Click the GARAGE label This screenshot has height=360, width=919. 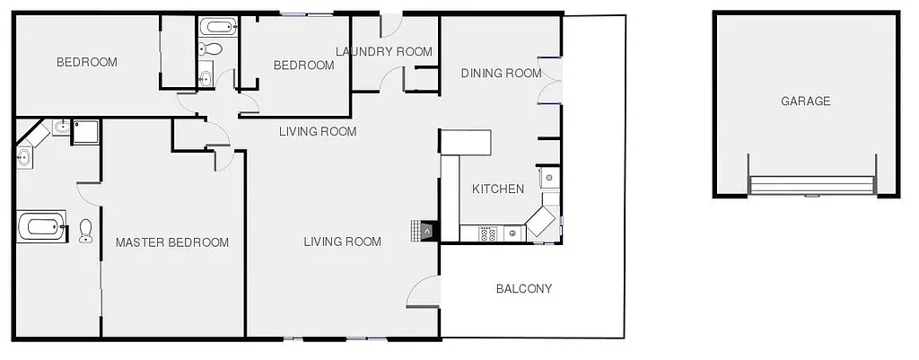805,101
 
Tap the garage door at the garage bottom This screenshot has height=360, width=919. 812,186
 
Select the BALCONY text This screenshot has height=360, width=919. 524,289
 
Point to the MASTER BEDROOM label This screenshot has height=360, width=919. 171,242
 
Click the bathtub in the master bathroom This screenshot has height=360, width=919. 41,225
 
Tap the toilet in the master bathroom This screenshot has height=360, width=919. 86,231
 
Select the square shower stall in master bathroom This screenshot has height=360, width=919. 86,131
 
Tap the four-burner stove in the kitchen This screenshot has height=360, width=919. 488,234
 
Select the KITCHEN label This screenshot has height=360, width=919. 498,189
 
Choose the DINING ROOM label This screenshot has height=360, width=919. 501,73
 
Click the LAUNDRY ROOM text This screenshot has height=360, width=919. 384,51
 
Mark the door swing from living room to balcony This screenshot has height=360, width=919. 424,293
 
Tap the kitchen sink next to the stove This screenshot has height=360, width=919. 512,234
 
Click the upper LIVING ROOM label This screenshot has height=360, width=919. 317,132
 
